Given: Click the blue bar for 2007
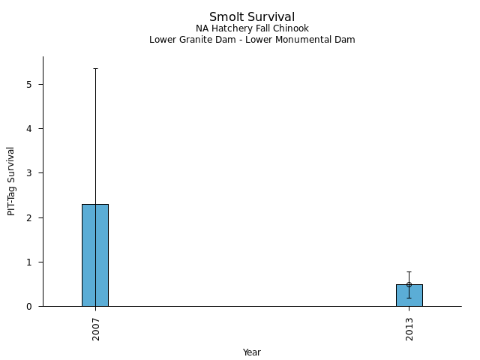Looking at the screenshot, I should pyautogui.click(x=94, y=255).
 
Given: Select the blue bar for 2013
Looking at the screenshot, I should pyautogui.click(x=409, y=295).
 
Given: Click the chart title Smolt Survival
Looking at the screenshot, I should pyautogui.click(x=252, y=17).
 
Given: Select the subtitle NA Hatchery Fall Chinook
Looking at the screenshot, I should pyautogui.click(x=252, y=29).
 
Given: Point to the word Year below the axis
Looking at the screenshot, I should pyautogui.click(x=252, y=352).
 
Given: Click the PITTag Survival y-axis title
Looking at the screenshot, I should pyautogui.click(x=12, y=181).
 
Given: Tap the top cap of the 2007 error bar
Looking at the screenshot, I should pyautogui.click(x=94, y=68).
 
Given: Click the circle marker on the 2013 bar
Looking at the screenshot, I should pyautogui.click(x=409, y=284).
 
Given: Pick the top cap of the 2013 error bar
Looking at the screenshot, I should pyautogui.click(x=409, y=271).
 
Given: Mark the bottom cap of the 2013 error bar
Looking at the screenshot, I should pyautogui.click(x=409, y=298).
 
